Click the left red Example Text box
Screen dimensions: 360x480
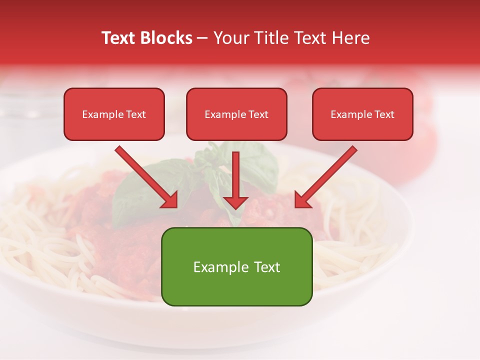114,114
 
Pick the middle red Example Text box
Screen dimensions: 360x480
236,114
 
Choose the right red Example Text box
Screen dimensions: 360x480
362,114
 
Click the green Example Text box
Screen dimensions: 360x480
236,266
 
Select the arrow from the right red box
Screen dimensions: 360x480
327,175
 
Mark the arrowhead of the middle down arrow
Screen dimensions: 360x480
235,202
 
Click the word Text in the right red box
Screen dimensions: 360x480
384,114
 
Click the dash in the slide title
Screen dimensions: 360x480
203,38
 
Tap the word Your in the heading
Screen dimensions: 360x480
230,38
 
